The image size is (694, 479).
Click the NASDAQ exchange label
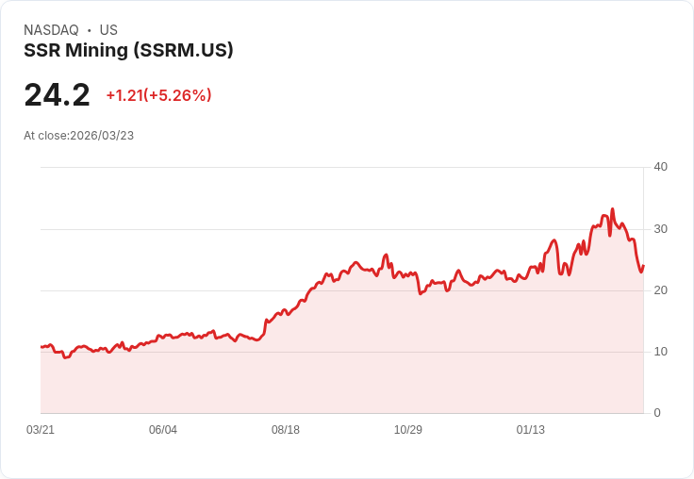pyautogui.click(x=51, y=30)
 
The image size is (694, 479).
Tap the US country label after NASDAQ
pyautogui.click(x=108, y=30)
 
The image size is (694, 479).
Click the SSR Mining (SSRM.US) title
pyautogui.click(x=128, y=51)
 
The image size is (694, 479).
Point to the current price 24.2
pyautogui.click(x=57, y=95)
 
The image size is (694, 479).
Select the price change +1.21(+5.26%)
pyautogui.click(x=158, y=95)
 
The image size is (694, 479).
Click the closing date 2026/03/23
pyautogui.click(x=102, y=136)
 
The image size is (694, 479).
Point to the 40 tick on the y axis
pyautogui.click(x=660, y=167)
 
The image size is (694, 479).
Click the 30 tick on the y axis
pyautogui.click(x=660, y=229)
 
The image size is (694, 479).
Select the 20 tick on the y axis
pyautogui.click(x=660, y=290)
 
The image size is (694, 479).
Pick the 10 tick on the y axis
pyautogui.click(x=660, y=352)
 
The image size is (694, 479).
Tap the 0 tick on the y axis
pyautogui.click(x=657, y=413)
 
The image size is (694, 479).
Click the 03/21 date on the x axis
pyautogui.click(x=41, y=430)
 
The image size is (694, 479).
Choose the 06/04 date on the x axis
pyautogui.click(x=163, y=430)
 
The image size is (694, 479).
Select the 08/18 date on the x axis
pyautogui.click(x=286, y=430)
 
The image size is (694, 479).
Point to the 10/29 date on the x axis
pyautogui.click(x=408, y=430)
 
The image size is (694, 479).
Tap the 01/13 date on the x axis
pyautogui.click(x=531, y=430)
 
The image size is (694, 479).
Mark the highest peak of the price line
pyautogui.click(x=612, y=209)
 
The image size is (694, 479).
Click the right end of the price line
pyautogui.click(x=643, y=265)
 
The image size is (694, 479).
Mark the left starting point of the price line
pyautogui.click(x=41, y=347)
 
